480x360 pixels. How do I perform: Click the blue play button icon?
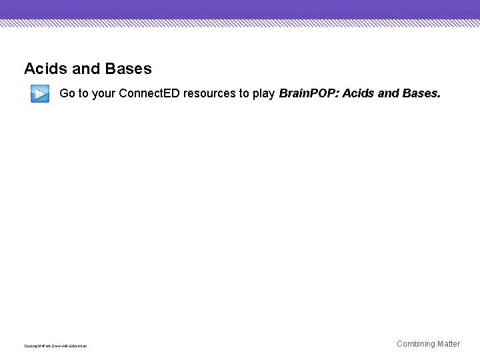[x=40, y=94]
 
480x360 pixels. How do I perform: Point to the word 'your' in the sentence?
[x=103, y=94]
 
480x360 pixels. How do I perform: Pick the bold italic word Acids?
[x=358, y=93]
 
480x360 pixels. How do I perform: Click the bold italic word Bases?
[x=421, y=93]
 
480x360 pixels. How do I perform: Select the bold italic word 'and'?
[x=389, y=93]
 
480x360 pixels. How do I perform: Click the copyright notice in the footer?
[x=55, y=346]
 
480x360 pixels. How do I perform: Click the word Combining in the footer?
[x=416, y=344]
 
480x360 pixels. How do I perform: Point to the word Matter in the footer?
[x=449, y=344]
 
